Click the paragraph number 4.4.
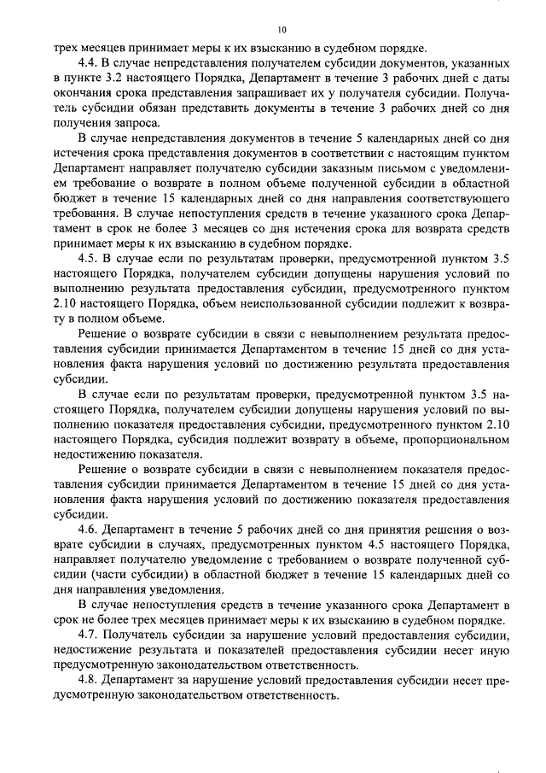(x=88, y=65)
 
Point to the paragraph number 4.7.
(x=88, y=636)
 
